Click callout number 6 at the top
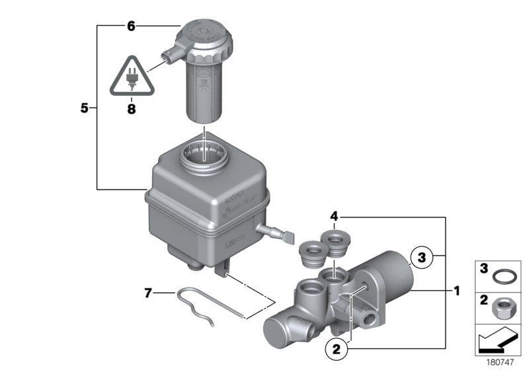(x=131, y=26)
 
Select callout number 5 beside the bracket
(x=84, y=108)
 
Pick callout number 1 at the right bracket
(x=456, y=290)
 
